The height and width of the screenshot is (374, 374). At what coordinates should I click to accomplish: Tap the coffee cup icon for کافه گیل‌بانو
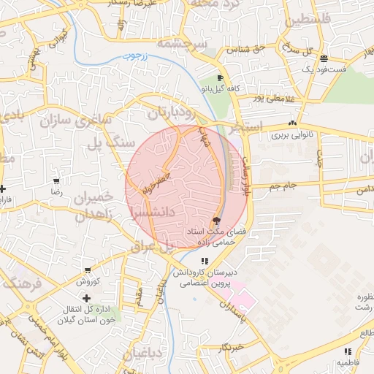220,78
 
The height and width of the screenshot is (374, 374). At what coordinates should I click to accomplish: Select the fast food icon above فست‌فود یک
323,58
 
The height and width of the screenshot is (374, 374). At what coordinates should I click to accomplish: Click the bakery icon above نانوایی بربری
292,123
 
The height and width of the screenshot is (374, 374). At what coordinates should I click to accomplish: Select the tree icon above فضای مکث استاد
216,221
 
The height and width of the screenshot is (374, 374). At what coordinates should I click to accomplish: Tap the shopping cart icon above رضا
56,180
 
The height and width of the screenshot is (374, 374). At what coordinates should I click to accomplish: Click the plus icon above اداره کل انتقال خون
87,298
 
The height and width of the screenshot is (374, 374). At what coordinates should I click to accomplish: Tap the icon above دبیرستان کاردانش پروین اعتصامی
205,261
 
